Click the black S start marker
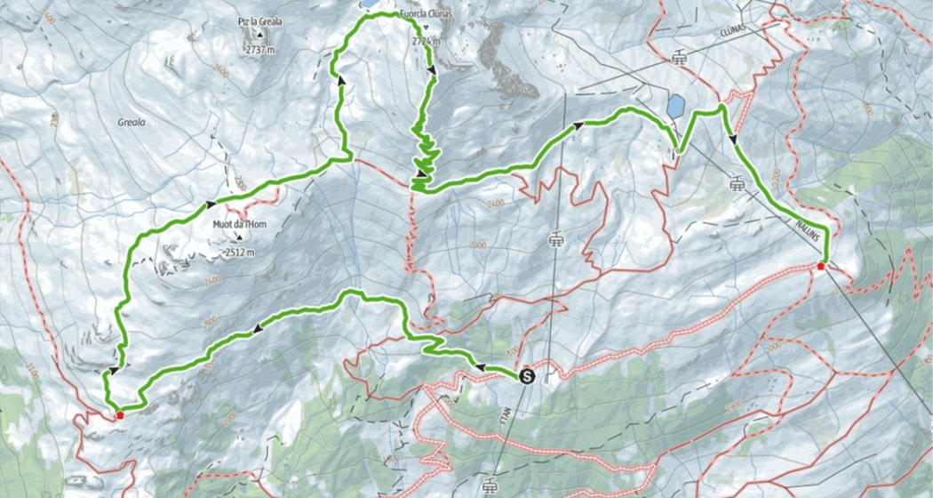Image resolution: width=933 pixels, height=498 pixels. click(526, 376)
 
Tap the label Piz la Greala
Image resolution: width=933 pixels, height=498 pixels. click(258, 16)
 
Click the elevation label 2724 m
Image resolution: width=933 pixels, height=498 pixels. click(427, 41)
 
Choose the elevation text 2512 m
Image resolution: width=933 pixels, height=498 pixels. click(240, 252)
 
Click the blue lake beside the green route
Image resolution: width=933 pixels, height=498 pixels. click(676, 107)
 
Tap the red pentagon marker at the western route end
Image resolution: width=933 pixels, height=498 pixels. click(119, 414)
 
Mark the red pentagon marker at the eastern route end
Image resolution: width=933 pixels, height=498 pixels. click(821, 265)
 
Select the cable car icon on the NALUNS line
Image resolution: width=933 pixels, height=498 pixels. click(737, 184)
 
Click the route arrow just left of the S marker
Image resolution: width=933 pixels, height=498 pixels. click(481, 365)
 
